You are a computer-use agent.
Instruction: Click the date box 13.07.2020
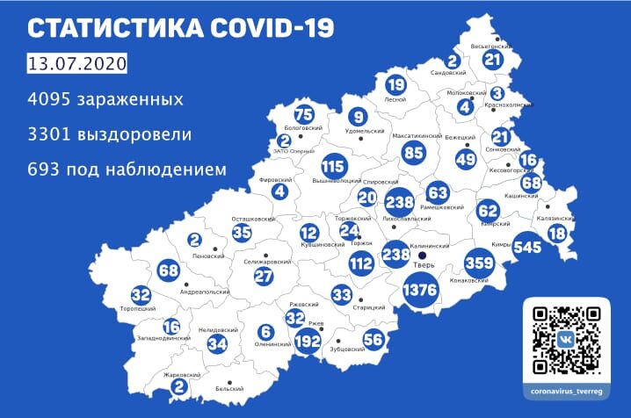(77, 65)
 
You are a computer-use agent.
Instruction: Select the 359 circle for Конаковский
(479, 262)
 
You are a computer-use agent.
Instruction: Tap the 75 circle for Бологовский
(304, 115)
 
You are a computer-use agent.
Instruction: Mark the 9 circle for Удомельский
(357, 116)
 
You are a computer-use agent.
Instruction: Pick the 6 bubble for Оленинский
(265, 332)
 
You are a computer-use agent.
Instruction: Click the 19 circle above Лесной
(395, 85)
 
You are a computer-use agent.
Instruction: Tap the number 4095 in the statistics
(52, 99)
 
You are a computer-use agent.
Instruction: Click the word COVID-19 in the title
(257, 28)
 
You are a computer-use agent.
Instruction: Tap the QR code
(567, 340)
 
